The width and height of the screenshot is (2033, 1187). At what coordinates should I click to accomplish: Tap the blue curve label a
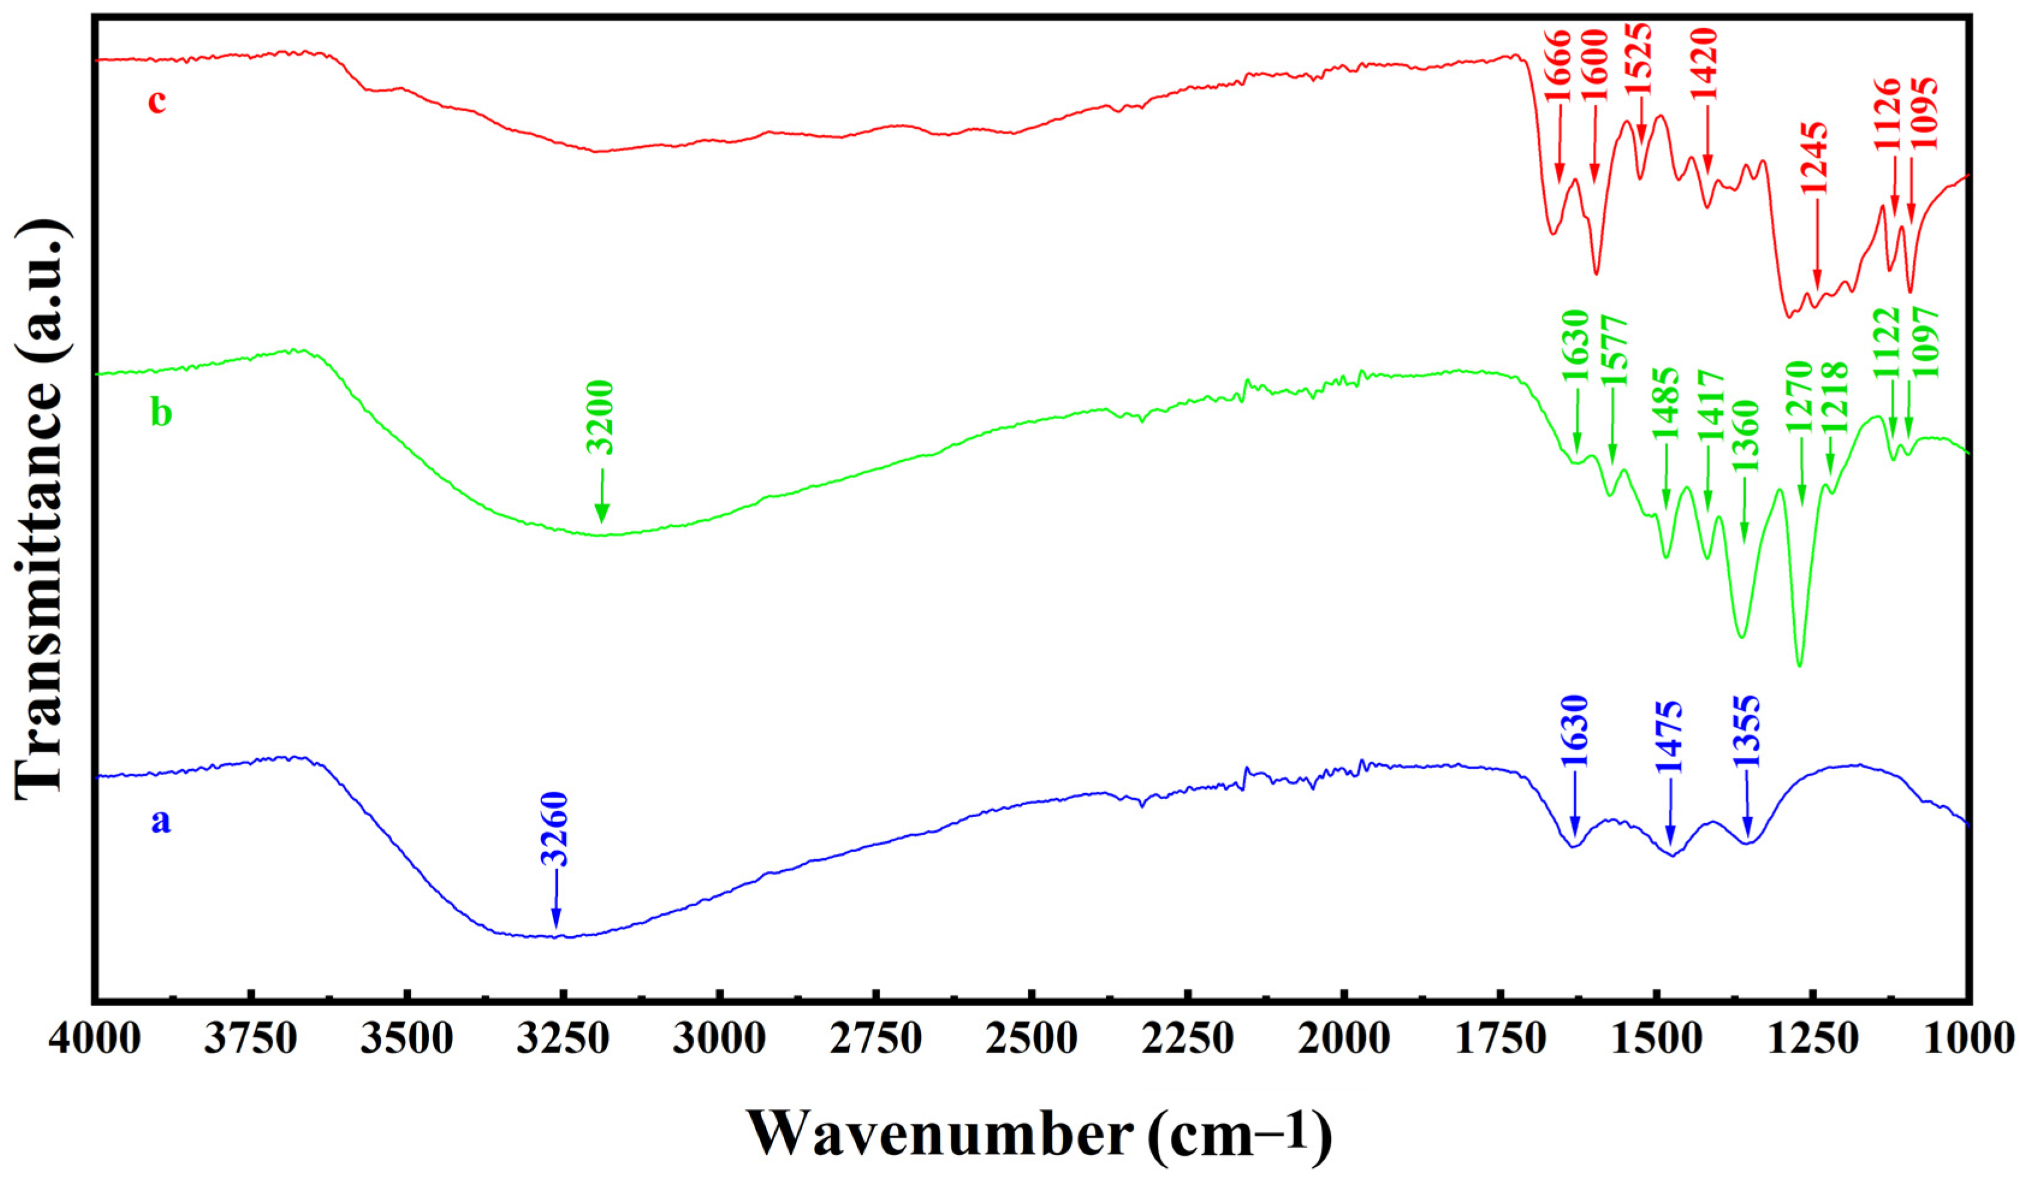[160, 821]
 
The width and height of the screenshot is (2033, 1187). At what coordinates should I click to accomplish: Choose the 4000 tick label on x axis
[94, 1039]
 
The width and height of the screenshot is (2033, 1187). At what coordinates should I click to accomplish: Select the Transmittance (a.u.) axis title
[40, 508]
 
